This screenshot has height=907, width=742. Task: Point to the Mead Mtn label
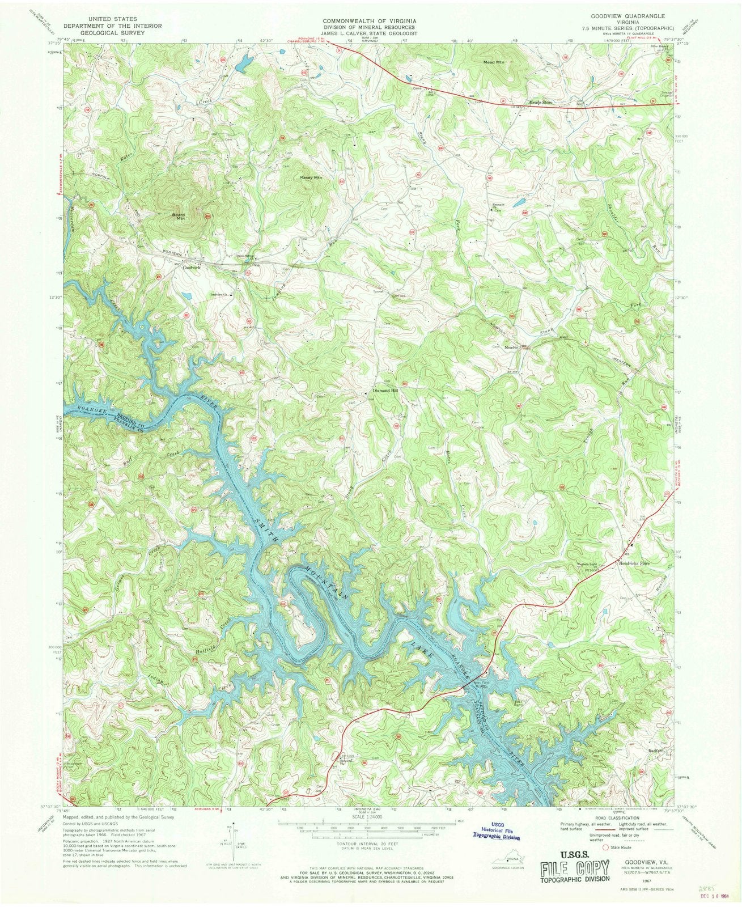493,62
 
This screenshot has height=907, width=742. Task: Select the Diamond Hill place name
385,391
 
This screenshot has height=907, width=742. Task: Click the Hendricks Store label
633,563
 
